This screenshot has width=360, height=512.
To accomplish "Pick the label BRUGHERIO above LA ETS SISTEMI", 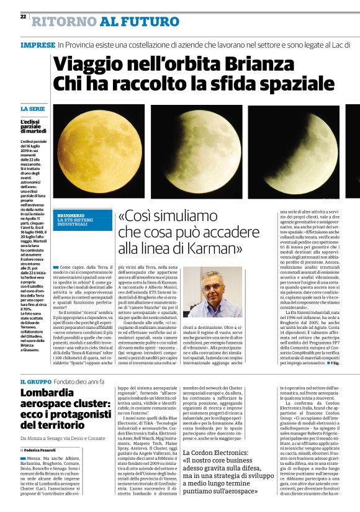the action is (71, 215).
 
